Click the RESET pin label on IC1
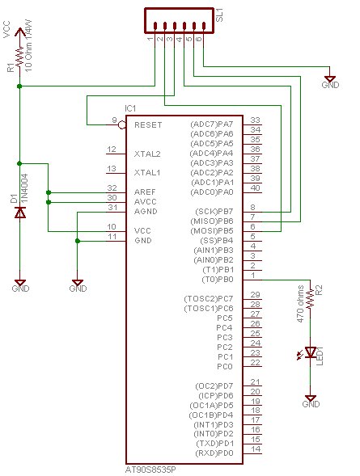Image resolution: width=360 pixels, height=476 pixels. (x=148, y=125)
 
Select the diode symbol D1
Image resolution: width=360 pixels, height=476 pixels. (x=20, y=213)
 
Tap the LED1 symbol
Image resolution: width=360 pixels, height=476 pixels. (x=310, y=352)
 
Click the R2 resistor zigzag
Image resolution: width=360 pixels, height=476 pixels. (x=310, y=299)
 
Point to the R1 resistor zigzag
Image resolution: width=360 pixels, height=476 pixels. (x=19, y=57)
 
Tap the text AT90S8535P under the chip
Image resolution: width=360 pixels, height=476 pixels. (x=150, y=470)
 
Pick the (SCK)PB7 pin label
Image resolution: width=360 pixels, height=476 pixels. (x=214, y=212)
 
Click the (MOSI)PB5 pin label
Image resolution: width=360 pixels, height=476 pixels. (x=211, y=231)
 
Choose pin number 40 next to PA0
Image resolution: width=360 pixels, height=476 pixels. (x=255, y=188)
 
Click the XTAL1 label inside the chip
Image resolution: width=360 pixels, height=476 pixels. (x=147, y=173)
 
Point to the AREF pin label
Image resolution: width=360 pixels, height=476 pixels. (x=145, y=192)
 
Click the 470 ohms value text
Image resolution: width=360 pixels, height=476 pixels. (x=300, y=304)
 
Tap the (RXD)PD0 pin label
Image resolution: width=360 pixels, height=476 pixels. (x=214, y=453)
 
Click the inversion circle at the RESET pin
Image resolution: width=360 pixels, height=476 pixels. (x=122, y=124)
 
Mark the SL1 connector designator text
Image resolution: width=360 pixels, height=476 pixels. (x=219, y=15)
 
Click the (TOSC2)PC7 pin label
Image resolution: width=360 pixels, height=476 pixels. (x=209, y=299)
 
